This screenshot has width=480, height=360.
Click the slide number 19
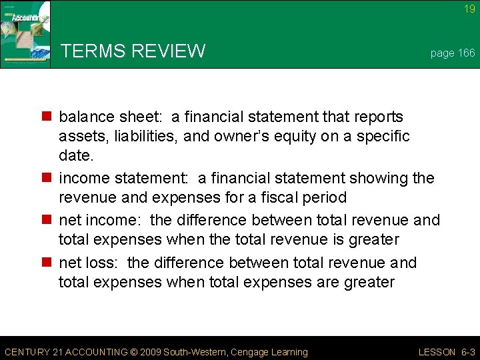click(469, 9)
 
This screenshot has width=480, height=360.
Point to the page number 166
click(464, 53)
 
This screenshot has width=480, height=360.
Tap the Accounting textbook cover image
click(25, 35)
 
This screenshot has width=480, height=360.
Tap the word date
click(75, 155)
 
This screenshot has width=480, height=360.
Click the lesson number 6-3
click(465, 352)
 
